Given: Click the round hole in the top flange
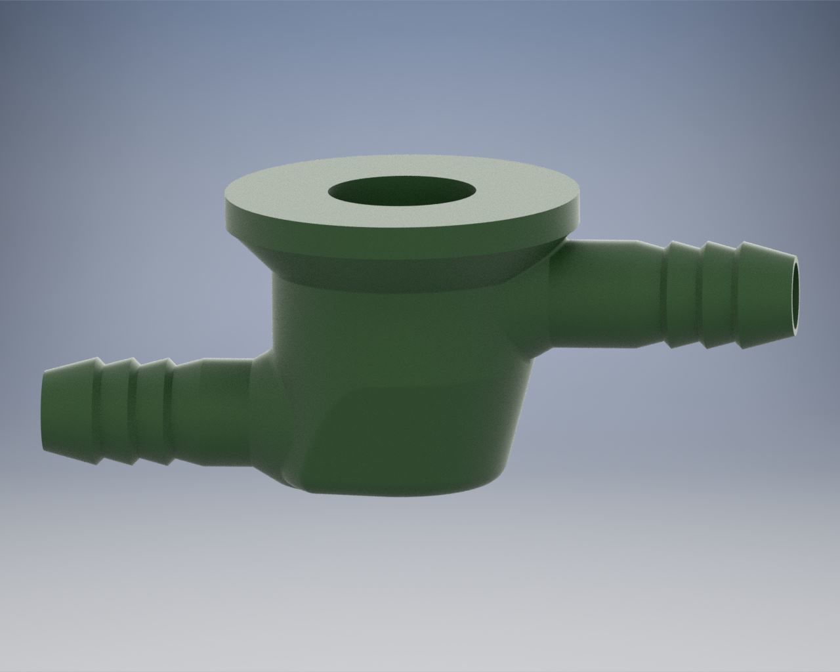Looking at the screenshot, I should (402, 192).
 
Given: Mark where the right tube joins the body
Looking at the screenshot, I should (551, 289).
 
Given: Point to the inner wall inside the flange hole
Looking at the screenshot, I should (402, 197).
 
